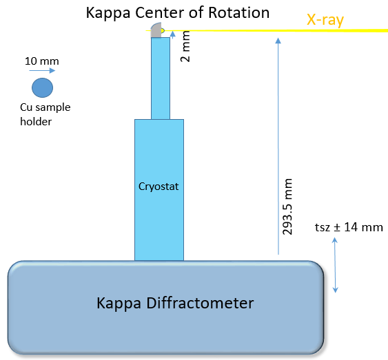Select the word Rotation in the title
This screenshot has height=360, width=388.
(x=241, y=12)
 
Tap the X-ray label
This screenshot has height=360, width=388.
(x=325, y=21)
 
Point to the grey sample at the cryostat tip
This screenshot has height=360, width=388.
(x=156, y=29)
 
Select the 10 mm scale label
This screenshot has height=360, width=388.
(x=41, y=61)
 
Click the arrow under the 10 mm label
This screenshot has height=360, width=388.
(x=42, y=71)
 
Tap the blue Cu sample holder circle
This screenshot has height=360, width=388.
(x=42, y=88)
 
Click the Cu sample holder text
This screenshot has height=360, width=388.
(x=45, y=114)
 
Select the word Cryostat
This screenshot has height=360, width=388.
(x=159, y=186)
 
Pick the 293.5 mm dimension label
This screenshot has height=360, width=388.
(x=288, y=207)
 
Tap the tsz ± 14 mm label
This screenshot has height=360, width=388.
(x=348, y=227)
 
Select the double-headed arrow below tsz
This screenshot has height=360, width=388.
(x=335, y=264)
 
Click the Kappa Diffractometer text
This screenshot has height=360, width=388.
(x=165, y=302)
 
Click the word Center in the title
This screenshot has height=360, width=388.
(x=170, y=12)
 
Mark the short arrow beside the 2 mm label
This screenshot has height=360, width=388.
(x=172, y=32)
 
